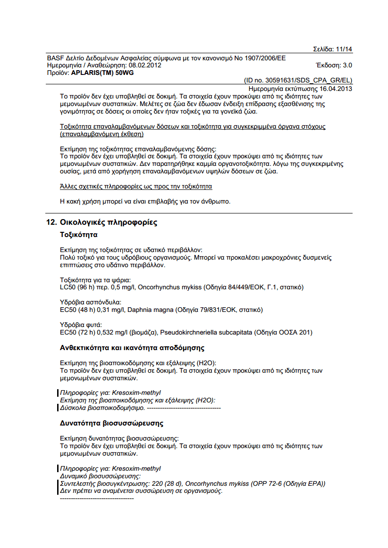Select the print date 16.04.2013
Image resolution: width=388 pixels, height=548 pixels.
click(x=336, y=89)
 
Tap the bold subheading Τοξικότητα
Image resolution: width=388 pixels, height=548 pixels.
click(x=78, y=234)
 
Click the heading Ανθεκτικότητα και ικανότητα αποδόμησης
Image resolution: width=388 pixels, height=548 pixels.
click(x=132, y=348)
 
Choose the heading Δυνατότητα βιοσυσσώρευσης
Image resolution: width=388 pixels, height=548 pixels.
click(x=111, y=423)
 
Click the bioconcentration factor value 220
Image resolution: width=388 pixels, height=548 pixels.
click(x=165, y=483)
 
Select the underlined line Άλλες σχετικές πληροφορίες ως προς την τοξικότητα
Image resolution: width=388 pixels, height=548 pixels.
click(x=136, y=187)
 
